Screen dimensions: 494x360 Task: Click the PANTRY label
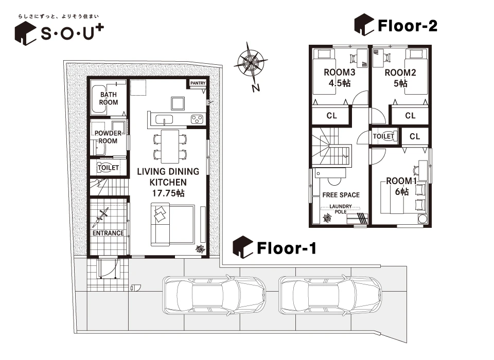pos(198,83)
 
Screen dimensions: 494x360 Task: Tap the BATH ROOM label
pos(109,98)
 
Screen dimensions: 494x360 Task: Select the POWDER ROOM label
pos(108,137)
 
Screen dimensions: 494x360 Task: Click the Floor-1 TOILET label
pos(108,168)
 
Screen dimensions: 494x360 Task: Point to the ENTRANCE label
pos(108,233)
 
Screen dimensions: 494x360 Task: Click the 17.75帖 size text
pos(168,193)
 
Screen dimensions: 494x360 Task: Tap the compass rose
pos(251,63)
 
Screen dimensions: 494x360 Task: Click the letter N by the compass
pos(256,87)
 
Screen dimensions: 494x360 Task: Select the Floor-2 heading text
pos(408,26)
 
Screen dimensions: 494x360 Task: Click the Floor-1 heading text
pos(287,248)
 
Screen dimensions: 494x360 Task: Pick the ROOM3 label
pos(340,73)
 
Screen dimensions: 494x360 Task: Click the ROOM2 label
pos(400,73)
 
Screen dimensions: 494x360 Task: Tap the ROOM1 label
pos(402,181)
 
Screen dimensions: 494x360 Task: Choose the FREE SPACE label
pos(341,195)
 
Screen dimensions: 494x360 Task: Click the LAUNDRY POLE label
pos(341,209)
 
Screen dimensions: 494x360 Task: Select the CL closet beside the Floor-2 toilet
pos(415,136)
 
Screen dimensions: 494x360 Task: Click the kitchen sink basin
pos(164,120)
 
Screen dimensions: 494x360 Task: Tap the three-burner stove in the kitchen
pos(197,119)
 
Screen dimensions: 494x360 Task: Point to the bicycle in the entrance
pos(100,218)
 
